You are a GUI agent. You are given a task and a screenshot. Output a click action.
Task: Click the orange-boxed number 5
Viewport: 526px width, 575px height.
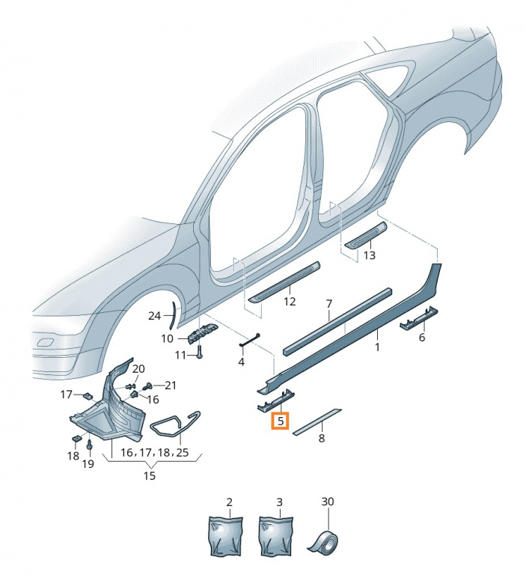pos(280,421)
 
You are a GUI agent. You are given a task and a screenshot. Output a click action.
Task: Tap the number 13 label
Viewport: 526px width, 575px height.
pos(369,255)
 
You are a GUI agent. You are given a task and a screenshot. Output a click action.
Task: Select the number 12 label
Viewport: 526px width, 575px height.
pos(290,302)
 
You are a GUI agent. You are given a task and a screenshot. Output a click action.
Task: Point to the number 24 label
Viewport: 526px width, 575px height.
pos(154,316)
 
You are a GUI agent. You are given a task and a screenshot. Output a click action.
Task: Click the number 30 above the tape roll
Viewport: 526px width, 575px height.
pos(328,502)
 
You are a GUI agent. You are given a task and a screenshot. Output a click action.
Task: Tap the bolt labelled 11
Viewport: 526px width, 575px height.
pos(200,353)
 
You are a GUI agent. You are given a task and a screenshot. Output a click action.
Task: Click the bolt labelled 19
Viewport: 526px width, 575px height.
pos(90,445)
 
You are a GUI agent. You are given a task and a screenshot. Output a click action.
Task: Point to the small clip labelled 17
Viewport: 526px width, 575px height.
pos(88,395)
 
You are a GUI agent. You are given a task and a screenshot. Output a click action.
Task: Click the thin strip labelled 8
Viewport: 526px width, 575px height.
pos(317,422)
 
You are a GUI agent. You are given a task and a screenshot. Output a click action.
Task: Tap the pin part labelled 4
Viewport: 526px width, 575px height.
pos(250,340)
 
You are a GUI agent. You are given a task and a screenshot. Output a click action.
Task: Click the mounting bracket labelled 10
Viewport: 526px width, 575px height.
pos(202,332)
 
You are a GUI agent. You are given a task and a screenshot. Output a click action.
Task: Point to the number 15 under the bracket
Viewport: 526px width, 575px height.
pos(150,476)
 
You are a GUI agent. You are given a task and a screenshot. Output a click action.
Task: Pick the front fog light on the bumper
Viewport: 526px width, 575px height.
pos(45,342)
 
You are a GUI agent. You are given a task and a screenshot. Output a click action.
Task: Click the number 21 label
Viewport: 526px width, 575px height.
pos(171,386)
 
